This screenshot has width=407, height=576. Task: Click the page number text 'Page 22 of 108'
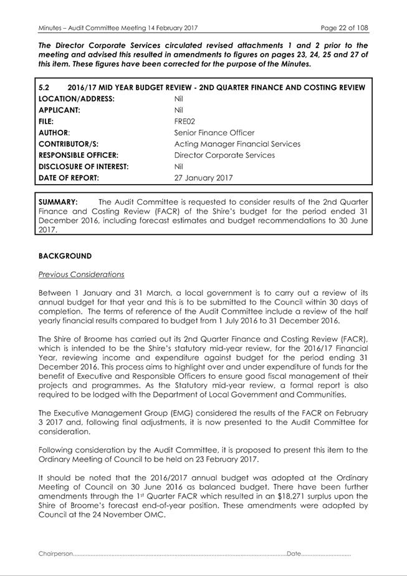coord(344,28)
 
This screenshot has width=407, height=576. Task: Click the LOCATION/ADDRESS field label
coord(77,99)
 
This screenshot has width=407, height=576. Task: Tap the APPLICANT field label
coord(60,110)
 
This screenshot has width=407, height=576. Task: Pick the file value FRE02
coord(184,122)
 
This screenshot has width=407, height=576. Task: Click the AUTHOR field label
coord(54,133)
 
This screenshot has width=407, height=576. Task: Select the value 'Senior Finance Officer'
coord(214,133)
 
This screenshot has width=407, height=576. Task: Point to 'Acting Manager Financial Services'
coord(237,144)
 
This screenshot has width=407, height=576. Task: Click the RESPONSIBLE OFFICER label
coord(79,155)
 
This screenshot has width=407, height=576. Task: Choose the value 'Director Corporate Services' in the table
coord(224,155)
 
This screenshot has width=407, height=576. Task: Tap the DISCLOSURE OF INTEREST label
coord(84,167)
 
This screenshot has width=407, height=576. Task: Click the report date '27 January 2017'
coord(204,178)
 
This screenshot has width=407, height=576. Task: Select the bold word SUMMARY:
coord(58,202)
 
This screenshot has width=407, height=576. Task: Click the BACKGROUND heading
coord(65,256)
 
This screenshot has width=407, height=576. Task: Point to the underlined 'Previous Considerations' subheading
coord(81,275)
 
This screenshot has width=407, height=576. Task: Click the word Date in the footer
coord(294,554)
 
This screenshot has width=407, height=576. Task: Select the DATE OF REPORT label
coord(69,178)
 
